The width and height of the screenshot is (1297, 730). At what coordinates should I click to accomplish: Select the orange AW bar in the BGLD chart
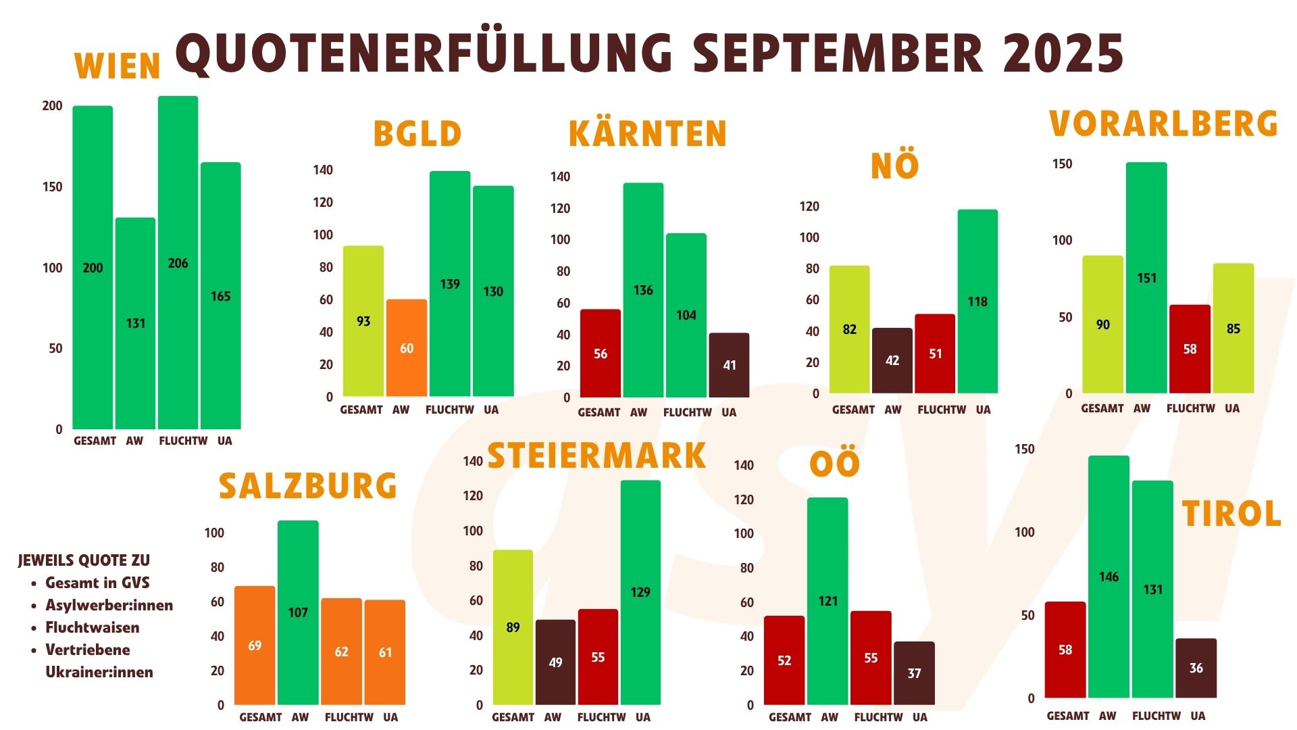pyautogui.click(x=407, y=348)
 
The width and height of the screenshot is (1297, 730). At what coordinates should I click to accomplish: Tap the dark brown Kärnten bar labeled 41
pyautogui.click(x=729, y=365)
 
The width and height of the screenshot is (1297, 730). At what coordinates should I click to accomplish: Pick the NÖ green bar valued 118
pyautogui.click(x=977, y=301)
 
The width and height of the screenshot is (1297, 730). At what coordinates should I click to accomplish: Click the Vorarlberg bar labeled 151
pyautogui.click(x=1146, y=278)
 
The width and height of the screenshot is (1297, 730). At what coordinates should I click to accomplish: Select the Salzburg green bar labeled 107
pyautogui.click(x=298, y=612)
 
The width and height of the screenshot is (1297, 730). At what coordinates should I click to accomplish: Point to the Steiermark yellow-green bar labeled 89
pyautogui.click(x=513, y=627)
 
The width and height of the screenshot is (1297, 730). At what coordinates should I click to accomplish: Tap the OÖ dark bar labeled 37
pyautogui.click(x=914, y=673)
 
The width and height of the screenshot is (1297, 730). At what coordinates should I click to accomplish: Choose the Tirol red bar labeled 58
pyautogui.click(x=1065, y=650)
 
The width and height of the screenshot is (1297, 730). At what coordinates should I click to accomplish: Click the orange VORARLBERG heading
pyautogui.click(x=1163, y=124)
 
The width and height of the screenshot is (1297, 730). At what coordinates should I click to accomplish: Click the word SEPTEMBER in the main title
pyautogui.click(x=838, y=54)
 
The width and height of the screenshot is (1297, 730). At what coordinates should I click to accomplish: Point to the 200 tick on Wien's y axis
pyautogui.click(x=52, y=106)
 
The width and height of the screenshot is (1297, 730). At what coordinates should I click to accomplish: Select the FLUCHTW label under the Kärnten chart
pyautogui.click(x=687, y=412)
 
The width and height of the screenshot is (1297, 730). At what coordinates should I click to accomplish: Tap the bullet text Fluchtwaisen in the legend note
pyautogui.click(x=93, y=627)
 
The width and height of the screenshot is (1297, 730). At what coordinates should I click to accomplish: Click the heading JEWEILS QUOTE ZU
pyautogui.click(x=84, y=560)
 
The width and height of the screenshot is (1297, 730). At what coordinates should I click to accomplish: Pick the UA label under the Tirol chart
pyautogui.click(x=1198, y=716)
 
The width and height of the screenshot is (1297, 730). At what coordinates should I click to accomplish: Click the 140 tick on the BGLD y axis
pyautogui.click(x=323, y=170)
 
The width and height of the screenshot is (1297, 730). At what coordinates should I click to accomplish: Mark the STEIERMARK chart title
pyautogui.click(x=596, y=456)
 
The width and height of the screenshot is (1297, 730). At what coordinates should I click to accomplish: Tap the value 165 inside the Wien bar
pyautogui.click(x=220, y=296)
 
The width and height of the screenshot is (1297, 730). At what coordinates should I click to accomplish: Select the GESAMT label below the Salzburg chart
pyautogui.click(x=260, y=717)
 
